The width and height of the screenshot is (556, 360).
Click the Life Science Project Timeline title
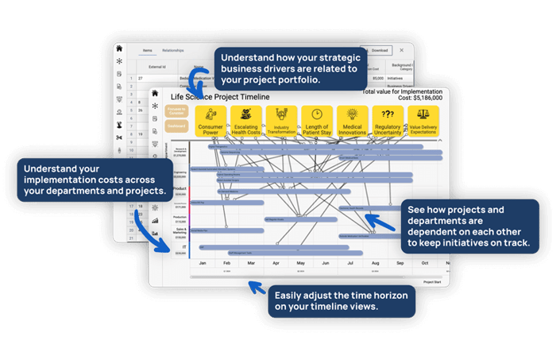(220, 96)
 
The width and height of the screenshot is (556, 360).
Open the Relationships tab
(173, 50)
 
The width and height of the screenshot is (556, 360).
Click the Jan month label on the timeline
(203, 262)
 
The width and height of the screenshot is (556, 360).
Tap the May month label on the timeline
(301, 262)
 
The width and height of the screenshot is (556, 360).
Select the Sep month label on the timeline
(400, 262)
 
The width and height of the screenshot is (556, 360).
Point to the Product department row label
(180, 189)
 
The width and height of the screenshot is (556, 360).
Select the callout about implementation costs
(95, 180)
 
